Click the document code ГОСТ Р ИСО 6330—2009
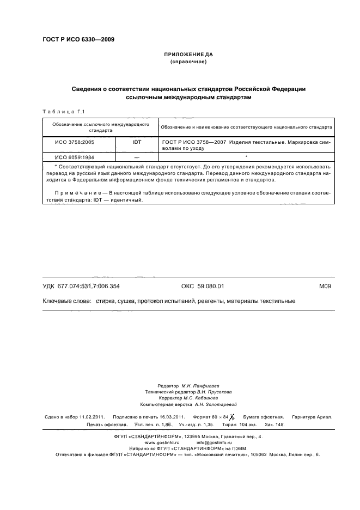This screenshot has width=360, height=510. pos(78,39)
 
